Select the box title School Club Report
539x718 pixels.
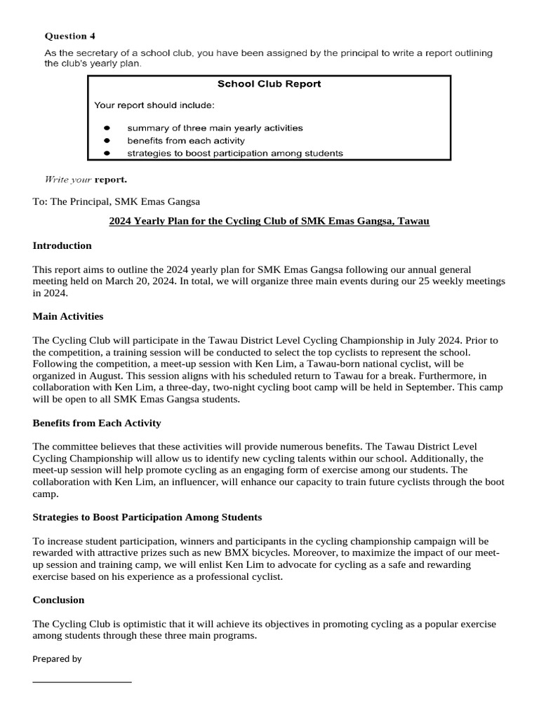269,83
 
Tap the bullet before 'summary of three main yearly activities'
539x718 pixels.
107,128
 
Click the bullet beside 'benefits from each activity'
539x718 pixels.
107,141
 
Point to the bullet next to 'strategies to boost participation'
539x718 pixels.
107,153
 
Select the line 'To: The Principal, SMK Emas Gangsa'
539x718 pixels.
116,201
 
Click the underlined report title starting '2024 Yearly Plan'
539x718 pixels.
269,221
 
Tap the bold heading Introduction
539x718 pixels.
62,245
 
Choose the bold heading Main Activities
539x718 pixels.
67,316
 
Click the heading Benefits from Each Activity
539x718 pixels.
96,423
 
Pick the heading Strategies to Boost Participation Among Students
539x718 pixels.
147,517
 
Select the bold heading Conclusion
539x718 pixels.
58,600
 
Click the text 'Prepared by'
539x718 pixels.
57,659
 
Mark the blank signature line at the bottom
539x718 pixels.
81,681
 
